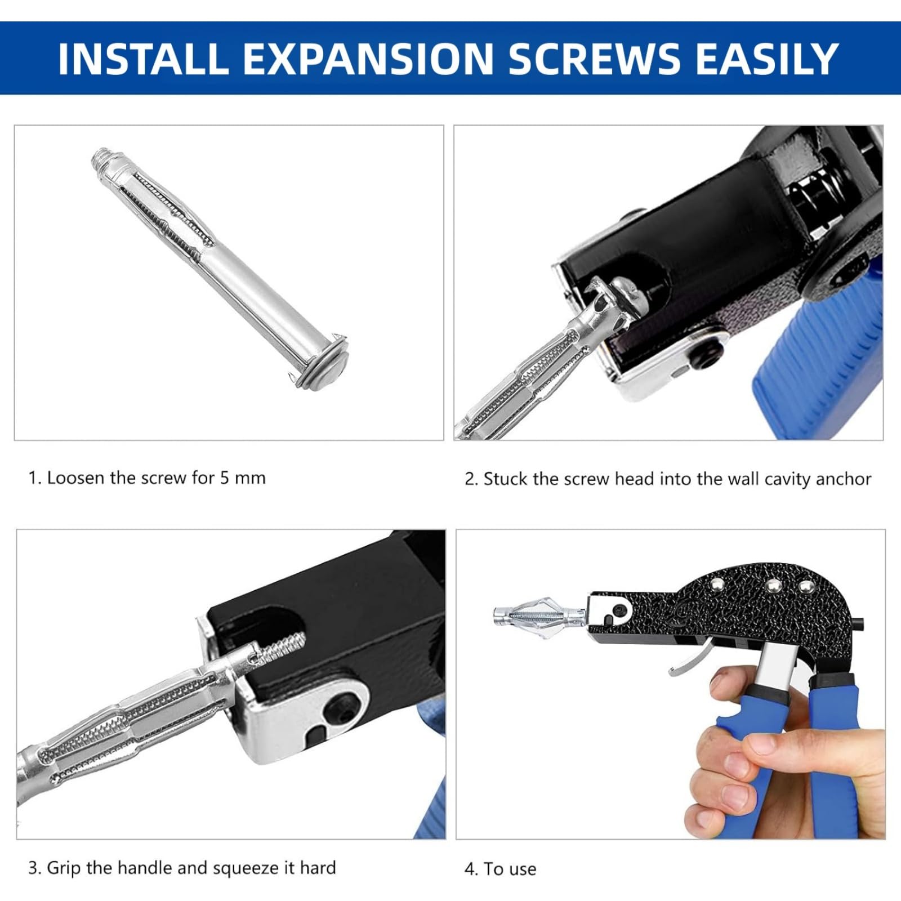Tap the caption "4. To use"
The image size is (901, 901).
click(x=500, y=869)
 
